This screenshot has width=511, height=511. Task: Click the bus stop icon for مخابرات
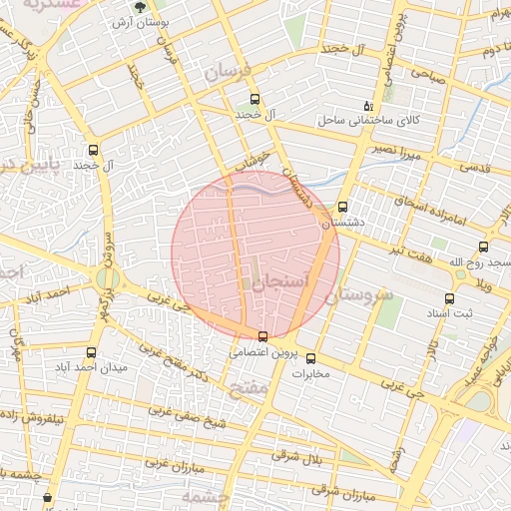coord(310,358)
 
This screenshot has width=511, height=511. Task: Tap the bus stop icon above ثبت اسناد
coord(449,297)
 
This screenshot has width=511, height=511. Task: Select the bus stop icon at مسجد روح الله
coord(483,247)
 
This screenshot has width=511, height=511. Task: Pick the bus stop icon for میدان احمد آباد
coord(92,352)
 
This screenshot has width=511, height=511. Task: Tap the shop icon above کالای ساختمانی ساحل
coord(368,105)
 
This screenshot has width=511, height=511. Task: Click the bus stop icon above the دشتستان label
coord(343,208)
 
